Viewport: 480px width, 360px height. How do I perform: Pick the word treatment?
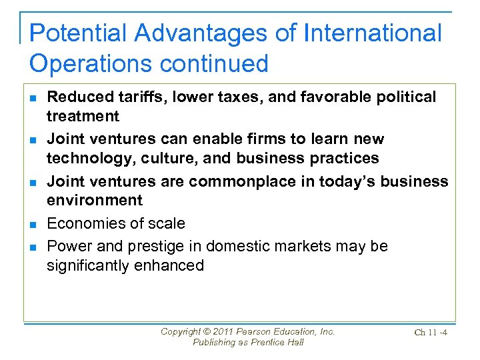pos(83,116)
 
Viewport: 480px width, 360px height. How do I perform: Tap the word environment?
pos(94,200)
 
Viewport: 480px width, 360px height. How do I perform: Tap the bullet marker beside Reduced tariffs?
pos(33,98)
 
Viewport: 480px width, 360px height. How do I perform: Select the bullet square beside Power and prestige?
pos(33,247)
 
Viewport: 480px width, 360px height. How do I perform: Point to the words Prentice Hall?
pos(276,342)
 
